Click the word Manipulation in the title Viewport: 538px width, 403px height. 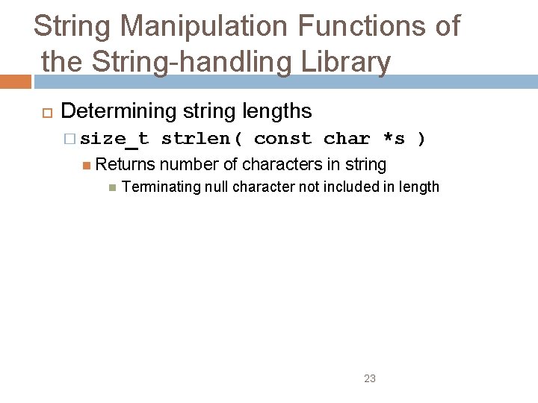(x=205, y=26)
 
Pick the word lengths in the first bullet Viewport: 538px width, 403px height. (x=277, y=111)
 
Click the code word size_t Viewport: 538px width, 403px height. (x=114, y=139)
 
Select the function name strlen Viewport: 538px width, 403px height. (x=197, y=139)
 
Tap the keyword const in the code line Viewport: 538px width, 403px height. (x=282, y=139)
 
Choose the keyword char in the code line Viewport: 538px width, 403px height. (x=347, y=139)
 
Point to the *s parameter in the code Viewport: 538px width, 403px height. (x=393, y=139)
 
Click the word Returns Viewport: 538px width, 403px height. (x=126, y=164)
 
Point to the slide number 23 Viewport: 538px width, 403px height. (x=370, y=378)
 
